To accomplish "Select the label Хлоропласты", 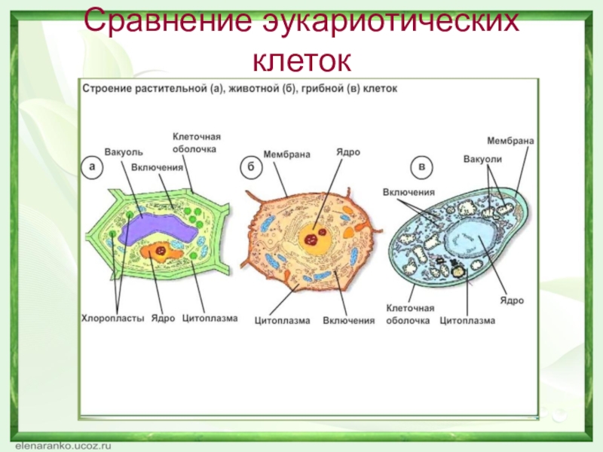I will [x=112, y=319].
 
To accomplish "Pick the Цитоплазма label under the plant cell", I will [x=210, y=319].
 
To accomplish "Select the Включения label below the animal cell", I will [x=349, y=321].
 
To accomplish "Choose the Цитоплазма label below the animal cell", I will [x=283, y=321].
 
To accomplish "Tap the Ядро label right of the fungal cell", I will [x=512, y=301].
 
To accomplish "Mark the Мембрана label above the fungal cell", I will [x=511, y=141].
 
